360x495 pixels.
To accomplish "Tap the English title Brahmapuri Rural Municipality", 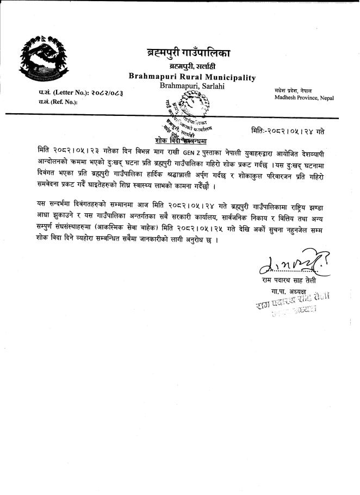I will (192, 77).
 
